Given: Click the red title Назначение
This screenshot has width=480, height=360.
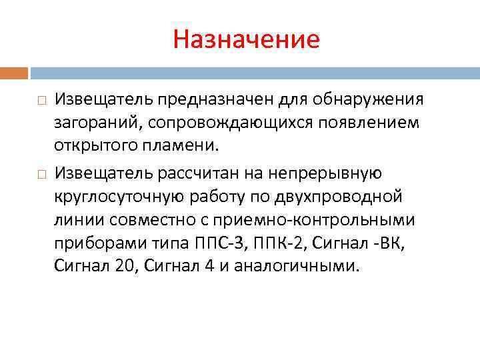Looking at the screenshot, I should (x=246, y=39).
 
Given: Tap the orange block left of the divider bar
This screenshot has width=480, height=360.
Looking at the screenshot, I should (x=14, y=72).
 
